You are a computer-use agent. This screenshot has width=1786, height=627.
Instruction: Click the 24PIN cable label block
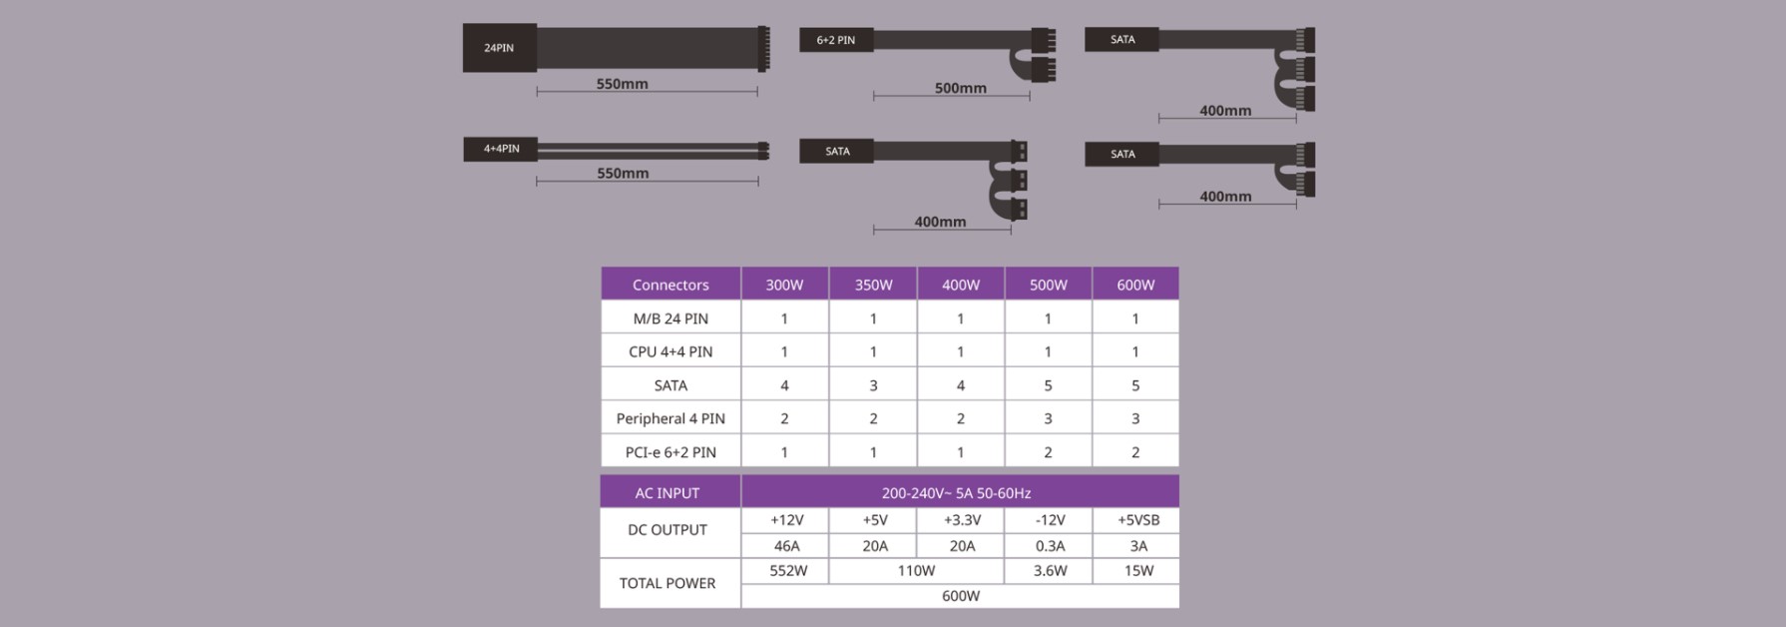500,48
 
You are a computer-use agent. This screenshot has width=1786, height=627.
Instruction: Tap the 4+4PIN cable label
501,149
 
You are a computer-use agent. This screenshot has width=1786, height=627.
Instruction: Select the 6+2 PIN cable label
836,40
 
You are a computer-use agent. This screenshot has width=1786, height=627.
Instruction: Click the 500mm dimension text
960,88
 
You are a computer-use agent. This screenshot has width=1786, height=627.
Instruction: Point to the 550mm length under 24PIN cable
623,84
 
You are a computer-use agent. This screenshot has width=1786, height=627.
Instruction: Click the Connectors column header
670,285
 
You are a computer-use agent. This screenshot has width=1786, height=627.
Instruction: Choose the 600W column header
1135,285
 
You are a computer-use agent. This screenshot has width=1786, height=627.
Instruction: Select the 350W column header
873,285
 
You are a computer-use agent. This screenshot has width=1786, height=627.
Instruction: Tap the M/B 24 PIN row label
670,318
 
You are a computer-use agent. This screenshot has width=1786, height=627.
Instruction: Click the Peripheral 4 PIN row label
670,418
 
